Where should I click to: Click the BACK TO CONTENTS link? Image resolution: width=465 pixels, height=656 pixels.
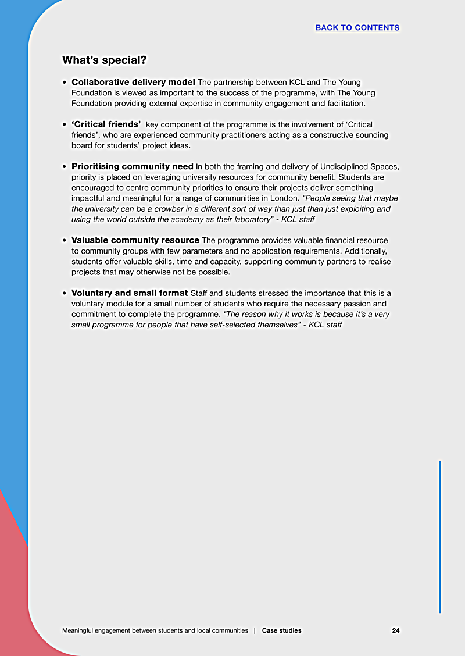pyautogui.click(x=357, y=28)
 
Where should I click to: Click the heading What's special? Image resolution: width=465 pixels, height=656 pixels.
pyautogui.click(x=104, y=60)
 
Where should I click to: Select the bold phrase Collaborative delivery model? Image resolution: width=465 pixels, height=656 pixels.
pyautogui.click(x=133, y=82)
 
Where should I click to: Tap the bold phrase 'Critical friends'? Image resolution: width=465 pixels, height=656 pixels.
pyautogui.click(x=106, y=124)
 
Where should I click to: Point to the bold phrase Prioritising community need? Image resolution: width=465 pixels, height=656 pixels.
pyautogui.click(x=132, y=167)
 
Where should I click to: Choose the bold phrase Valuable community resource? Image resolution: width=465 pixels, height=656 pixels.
pyautogui.click(x=135, y=240)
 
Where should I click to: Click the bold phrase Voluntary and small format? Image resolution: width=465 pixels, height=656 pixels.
pyautogui.click(x=130, y=293)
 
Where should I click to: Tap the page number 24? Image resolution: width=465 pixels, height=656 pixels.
pyautogui.click(x=395, y=630)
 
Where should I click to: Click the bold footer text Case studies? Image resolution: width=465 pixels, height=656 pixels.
pyautogui.click(x=281, y=630)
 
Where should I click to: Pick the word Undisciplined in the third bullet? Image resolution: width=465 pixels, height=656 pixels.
pyautogui.click(x=335, y=167)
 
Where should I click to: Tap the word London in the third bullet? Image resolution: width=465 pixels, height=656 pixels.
pyautogui.click(x=284, y=198)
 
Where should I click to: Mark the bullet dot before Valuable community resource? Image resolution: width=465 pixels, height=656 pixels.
pyautogui.click(x=65, y=241)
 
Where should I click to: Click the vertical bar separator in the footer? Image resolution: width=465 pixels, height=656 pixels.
pyautogui.click(x=255, y=630)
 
